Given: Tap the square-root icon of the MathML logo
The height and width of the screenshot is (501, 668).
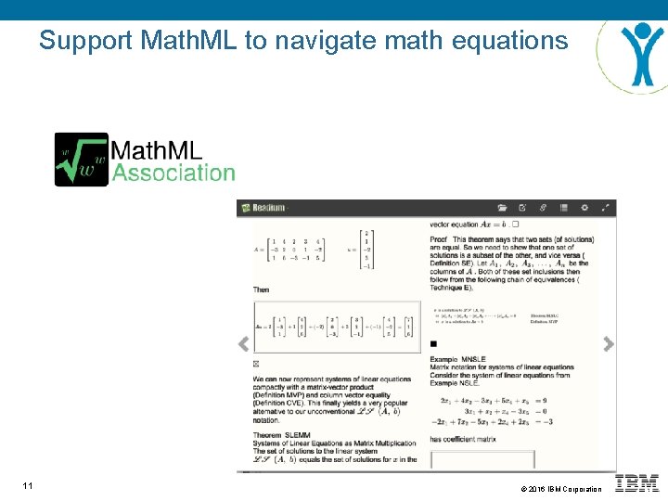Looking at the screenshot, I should [81, 160].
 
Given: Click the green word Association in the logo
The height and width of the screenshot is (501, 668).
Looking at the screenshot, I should [173, 173].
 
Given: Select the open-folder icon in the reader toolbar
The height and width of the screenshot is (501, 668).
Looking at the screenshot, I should [502, 208].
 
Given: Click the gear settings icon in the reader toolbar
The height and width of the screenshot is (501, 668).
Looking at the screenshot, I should [584, 208].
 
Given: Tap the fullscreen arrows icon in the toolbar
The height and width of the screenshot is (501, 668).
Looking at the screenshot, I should [606, 208].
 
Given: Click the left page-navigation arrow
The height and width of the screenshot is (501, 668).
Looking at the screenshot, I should [244, 344].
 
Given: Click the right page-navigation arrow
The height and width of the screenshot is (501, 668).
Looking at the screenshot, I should [608, 344].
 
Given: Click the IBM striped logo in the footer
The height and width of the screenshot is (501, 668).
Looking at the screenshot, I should [638, 483].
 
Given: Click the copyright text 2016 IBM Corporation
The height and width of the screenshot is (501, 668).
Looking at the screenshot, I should [559, 489].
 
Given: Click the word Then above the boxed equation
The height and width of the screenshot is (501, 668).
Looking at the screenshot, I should [262, 290].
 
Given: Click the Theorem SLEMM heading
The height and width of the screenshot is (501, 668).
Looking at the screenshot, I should [283, 436].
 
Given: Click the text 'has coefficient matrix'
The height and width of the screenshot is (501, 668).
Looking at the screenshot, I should [463, 439].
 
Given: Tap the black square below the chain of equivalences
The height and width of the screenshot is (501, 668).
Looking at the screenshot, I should [433, 344].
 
